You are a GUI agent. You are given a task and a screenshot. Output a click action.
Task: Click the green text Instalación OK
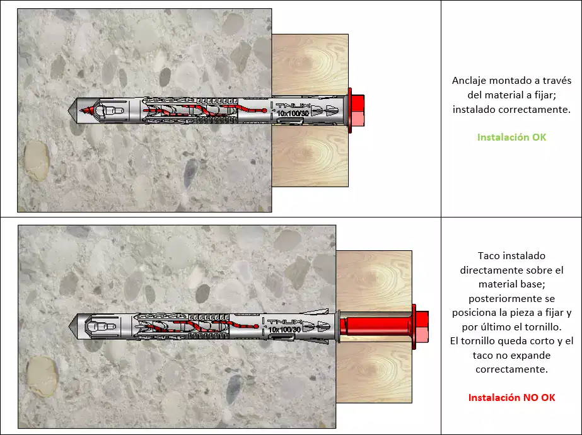[511, 137]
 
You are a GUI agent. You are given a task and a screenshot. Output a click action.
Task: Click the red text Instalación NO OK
[511, 398]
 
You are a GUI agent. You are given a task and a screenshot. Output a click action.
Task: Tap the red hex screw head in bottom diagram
[422, 327]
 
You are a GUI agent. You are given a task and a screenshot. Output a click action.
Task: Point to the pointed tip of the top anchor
[69, 110]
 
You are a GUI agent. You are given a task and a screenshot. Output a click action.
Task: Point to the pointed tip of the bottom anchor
[69, 327]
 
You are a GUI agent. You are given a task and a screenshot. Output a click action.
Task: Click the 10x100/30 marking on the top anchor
[293, 113]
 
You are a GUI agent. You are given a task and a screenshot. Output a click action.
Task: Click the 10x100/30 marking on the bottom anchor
[284, 330]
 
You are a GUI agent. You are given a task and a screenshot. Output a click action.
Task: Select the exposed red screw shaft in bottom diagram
[376, 327]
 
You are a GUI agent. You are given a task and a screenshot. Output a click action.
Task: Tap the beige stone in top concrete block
[36, 161]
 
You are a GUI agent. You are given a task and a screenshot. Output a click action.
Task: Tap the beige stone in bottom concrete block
[42, 377]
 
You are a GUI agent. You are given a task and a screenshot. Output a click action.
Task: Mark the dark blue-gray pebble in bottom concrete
[233, 388]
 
